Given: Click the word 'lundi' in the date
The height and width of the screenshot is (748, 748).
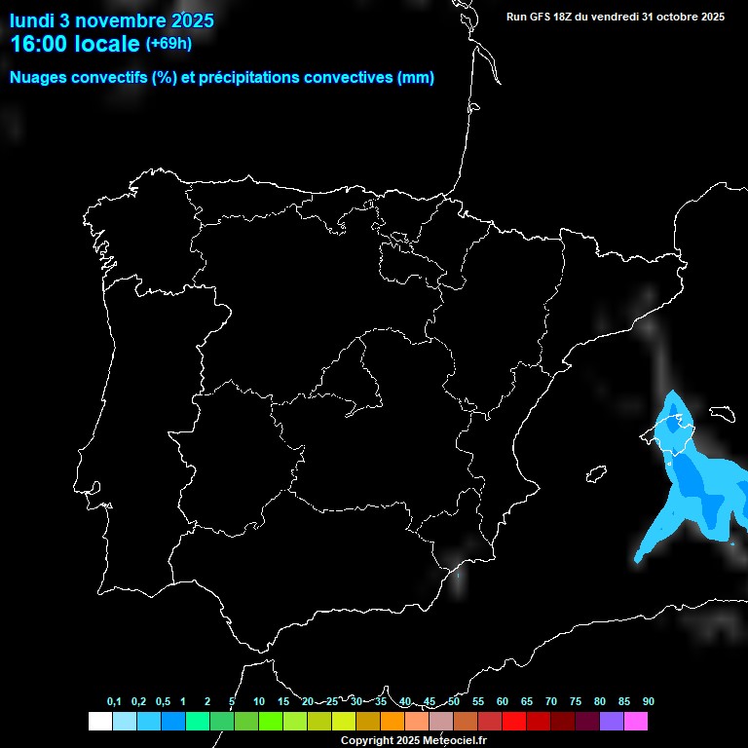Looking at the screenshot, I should (32, 19).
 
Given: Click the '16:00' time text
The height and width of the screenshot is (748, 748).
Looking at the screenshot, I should (39, 44).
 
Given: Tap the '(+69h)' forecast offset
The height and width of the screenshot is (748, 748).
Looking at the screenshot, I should (168, 43).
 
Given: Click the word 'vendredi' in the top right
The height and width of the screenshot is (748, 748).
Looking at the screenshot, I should (619, 17).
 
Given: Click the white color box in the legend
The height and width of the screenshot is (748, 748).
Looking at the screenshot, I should (99, 722).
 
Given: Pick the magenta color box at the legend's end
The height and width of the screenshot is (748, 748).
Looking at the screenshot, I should (636, 722).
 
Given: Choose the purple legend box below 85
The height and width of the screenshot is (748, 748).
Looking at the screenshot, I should (612, 722).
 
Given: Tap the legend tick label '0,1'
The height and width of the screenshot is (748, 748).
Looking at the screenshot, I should (114, 702).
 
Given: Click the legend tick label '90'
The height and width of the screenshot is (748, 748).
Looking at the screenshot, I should (649, 702).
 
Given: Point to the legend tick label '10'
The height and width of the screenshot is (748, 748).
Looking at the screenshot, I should (259, 702).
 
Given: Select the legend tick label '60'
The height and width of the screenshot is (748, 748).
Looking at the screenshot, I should (503, 702).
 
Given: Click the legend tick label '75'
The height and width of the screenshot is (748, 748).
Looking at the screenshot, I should (576, 702).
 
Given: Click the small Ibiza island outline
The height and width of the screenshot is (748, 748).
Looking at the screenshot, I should (595, 474).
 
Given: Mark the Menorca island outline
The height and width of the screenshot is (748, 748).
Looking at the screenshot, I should (722, 413).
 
